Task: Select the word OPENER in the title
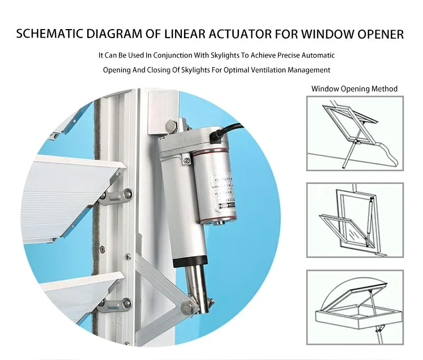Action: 378,35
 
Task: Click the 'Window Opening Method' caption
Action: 354,89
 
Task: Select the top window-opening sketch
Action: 355,133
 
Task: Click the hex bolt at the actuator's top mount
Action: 170,126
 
